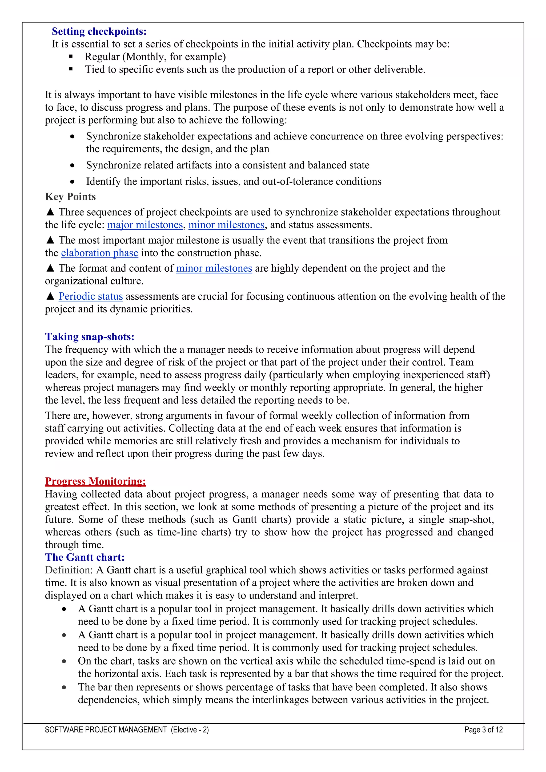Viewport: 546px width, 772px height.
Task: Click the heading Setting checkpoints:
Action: (x=99, y=31)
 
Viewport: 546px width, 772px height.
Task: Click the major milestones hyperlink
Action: (x=145, y=225)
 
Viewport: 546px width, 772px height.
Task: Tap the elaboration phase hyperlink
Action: (x=99, y=253)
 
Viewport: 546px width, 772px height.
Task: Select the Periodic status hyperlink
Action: (x=90, y=296)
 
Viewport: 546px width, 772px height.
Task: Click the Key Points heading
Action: (x=70, y=197)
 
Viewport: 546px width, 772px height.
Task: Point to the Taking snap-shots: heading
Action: (x=90, y=337)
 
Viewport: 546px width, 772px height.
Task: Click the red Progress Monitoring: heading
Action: (x=95, y=481)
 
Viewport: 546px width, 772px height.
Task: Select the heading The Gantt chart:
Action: (x=85, y=557)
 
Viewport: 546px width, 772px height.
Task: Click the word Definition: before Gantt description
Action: (x=69, y=570)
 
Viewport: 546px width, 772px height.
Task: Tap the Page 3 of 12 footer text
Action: (x=483, y=730)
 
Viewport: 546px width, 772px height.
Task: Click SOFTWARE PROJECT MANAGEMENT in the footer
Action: (x=106, y=730)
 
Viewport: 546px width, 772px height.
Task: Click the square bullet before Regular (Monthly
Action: (x=71, y=57)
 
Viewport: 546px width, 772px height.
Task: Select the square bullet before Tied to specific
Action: (x=71, y=69)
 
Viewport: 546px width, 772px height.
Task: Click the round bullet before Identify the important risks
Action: (x=72, y=182)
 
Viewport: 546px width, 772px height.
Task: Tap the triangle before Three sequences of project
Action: (x=50, y=212)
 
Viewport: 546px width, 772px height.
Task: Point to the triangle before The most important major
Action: (x=50, y=240)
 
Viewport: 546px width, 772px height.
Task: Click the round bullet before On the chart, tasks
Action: (x=64, y=661)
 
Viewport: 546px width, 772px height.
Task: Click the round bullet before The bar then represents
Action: (x=64, y=687)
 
